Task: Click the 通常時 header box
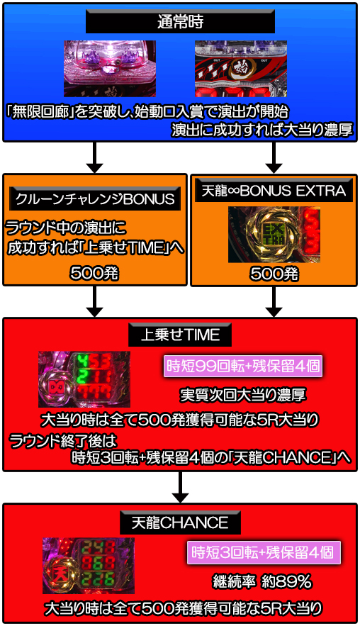pyautogui.click(x=180, y=21)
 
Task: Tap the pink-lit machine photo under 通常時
pyautogui.click(x=110, y=68)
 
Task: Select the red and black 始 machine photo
pyautogui.click(x=241, y=68)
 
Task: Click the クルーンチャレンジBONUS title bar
pyautogui.click(x=95, y=199)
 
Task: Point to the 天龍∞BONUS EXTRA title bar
pyautogui.click(x=274, y=191)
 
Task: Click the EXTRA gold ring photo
pyautogui.click(x=274, y=235)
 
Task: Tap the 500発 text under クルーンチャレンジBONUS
pyautogui.click(x=94, y=273)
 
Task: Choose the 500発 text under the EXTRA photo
pyautogui.click(x=274, y=274)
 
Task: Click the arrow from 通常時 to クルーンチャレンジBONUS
pyautogui.click(x=94, y=157)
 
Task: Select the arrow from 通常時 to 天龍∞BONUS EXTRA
pyautogui.click(x=274, y=157)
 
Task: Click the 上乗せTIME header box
pyautogui.click(x=180, y=335)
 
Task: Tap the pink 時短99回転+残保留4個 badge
pyautogui.click(x=243, y=366)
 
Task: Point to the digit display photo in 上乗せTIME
pyautogui.click(x=84, y=379)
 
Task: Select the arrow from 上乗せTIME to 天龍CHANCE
pyautogui.click(x=180, y=487)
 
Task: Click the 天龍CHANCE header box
pyautogui.click(x=180, y=522)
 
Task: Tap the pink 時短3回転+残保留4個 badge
pyautogui.click(x=264, y=552)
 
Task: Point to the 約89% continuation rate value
pyautogui.click(x=286, y=581)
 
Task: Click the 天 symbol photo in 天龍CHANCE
pyautogui.click(x=89, y=566)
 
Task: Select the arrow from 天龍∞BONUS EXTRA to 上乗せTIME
pyautogui.click(x=274, y=302)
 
